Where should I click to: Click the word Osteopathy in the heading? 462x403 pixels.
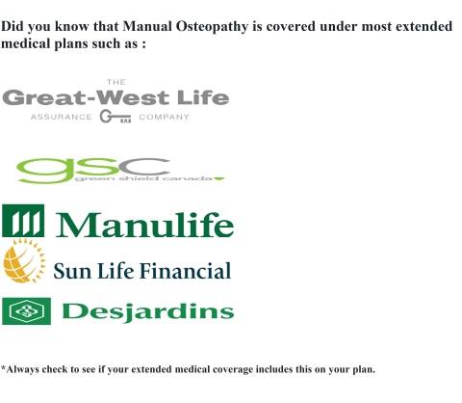(x=212, y=27)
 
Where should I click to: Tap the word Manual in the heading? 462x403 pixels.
(x=147, y=26)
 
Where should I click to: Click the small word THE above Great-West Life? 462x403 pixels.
(x=116, y=82)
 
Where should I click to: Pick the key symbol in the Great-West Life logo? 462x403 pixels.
(x=115, y=117)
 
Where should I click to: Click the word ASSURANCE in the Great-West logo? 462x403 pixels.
(x=61, y=117)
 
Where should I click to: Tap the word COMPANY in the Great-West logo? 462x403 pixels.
(x=164, y=117)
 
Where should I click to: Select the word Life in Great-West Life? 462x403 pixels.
(x=203, y=97)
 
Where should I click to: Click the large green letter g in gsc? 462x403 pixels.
(x=46, y=171)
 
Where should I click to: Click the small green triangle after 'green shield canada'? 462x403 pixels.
(x=219, y=178)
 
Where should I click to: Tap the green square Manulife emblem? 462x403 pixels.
(x=23, y=221)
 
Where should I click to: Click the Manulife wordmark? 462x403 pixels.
(x=145, y=225)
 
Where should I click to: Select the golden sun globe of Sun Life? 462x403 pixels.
(x=24, y=261)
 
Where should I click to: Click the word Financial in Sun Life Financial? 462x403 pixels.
(x=186, y=271)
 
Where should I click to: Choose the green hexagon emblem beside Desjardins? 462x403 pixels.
(x=26, y=311)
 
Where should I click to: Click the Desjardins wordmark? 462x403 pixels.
(x=148, y=312)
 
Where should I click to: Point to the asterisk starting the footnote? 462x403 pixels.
(x=3, y=367)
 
